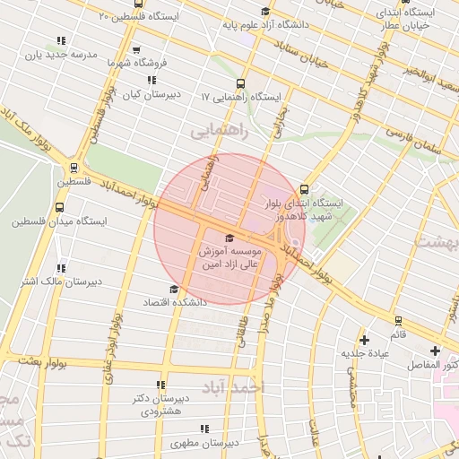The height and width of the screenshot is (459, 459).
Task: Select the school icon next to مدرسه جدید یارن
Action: (x=61, y=41)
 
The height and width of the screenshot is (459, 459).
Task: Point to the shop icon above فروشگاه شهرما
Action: (x=136, y=51)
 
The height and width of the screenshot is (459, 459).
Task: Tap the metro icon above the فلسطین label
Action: (x=74, y=167)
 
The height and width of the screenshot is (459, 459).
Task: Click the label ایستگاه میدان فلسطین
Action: (x=59, y=221)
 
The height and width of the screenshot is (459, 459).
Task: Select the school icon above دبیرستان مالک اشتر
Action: (x=61, y=267)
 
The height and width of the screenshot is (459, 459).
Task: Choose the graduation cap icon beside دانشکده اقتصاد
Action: (x=173, y=290)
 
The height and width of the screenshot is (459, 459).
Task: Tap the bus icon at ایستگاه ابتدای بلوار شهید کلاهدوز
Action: (x=304, y=189)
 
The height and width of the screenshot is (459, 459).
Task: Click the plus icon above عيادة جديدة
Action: (x=364, y=340)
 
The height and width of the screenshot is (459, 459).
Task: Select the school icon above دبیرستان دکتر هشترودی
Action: (x=161, y=384)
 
